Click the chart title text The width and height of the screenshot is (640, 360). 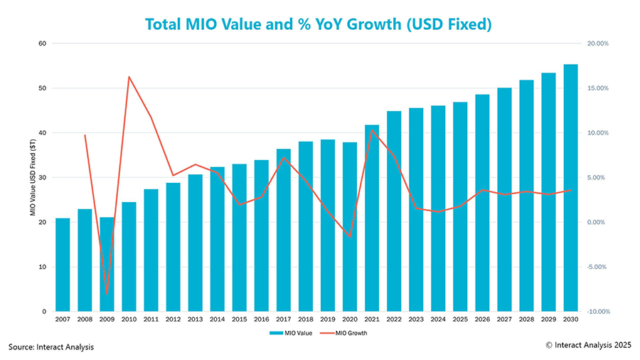[x=319, y=23]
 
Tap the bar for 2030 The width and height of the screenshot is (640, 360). [x=570, y=188]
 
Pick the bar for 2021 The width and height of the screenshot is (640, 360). [x=372, y=218]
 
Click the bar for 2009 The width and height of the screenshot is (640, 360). [x=107, y=264]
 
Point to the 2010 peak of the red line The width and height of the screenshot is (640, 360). [x=129, y=77]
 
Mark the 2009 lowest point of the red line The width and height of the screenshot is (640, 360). [x=107, y=293]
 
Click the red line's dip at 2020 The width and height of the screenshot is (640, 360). [x=350, y=236]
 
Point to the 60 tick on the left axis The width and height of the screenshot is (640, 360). [x=41, y=43]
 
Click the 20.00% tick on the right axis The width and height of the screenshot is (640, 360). [x=599, y=43]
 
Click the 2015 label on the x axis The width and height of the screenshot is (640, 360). [x=240, y=319]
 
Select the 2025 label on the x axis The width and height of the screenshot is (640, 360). [x=460, y=319]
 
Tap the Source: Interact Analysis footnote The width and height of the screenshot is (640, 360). [x=51, y=346]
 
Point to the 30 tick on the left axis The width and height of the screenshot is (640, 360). [x=41, y=178]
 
